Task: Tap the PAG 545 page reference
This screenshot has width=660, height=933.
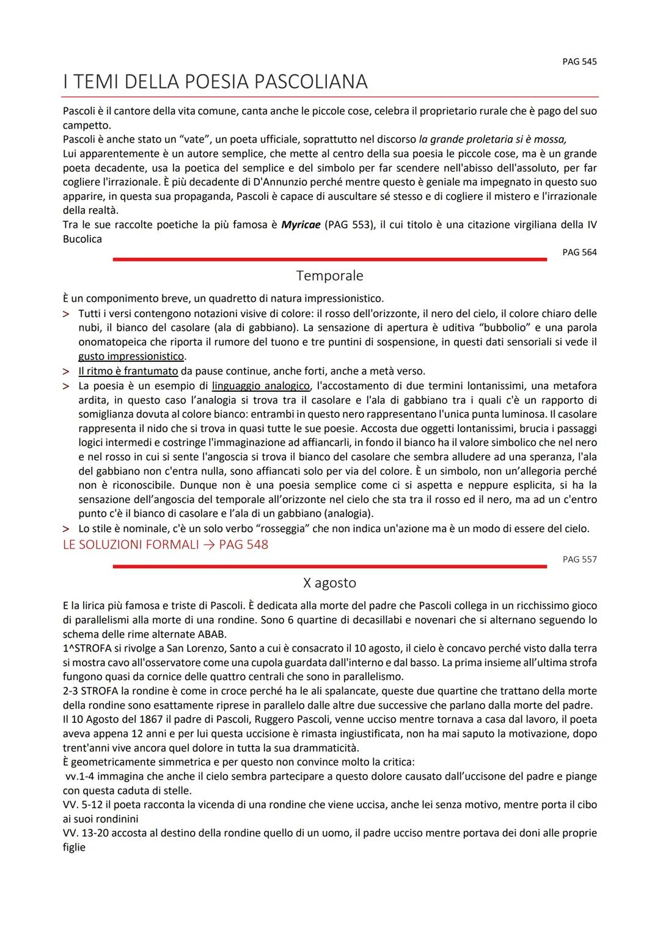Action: click(x=579, y=62)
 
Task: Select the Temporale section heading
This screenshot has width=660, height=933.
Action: click(x=329, y=276)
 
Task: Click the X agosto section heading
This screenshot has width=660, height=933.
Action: click(x=329, y=583)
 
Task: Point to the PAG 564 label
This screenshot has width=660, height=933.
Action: click(x=579, y=252)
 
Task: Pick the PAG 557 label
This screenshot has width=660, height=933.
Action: click(x=579, y=559)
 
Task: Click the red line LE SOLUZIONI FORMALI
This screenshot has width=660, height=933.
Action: click(x=165, y=544)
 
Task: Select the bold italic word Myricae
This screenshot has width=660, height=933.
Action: click(x=301, y=225)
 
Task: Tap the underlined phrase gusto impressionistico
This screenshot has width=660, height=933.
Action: click(x=131, y=356)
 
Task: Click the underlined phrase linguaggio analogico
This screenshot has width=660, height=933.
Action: click(x=261, y=386)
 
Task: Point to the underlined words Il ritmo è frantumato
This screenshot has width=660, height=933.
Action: click(x=128, y=371)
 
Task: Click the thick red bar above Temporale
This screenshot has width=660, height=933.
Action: click(x=329, y=260)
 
